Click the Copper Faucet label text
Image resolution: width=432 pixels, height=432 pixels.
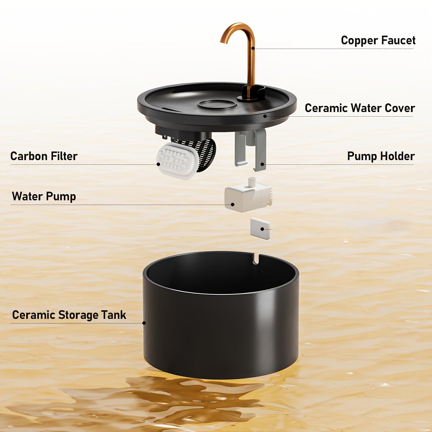click(378, 40)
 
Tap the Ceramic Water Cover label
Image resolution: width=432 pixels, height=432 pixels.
click(359, 108)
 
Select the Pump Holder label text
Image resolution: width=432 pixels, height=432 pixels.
click(381, 156)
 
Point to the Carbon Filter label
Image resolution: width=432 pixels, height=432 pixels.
click(44, 156)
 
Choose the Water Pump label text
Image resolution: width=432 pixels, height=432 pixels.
click(44, 196)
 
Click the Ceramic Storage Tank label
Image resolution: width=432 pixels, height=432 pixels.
click(69, 315)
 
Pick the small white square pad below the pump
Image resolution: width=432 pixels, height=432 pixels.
click(260, 228)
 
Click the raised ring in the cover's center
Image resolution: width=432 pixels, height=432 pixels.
click(217, 105)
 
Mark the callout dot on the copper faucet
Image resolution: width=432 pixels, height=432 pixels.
click(253, 48)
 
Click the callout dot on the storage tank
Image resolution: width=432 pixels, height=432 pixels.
click(144, 323)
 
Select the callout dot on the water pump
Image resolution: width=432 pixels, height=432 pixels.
click(233, 205)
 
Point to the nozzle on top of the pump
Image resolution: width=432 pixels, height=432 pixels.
click(252, 181)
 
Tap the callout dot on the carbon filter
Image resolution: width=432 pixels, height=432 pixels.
click(158, 164)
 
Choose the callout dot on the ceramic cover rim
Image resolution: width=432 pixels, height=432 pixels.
click(265, 116)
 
